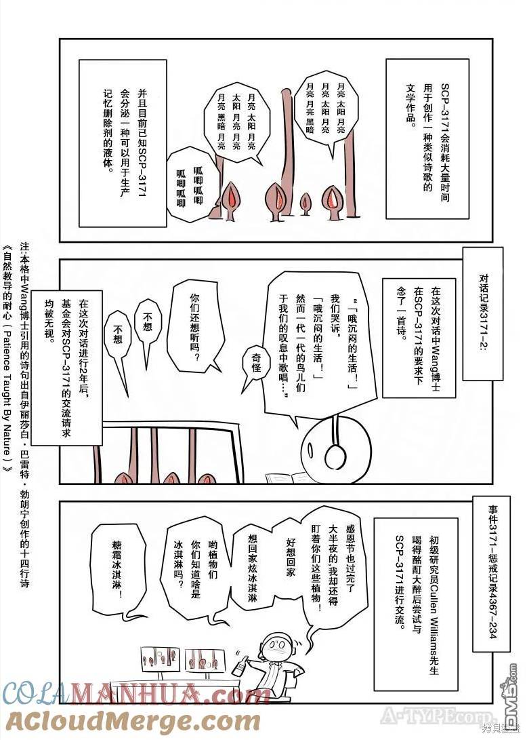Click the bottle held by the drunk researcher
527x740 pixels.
(x=238, y=665)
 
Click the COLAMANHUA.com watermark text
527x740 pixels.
(x=135, y=694)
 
